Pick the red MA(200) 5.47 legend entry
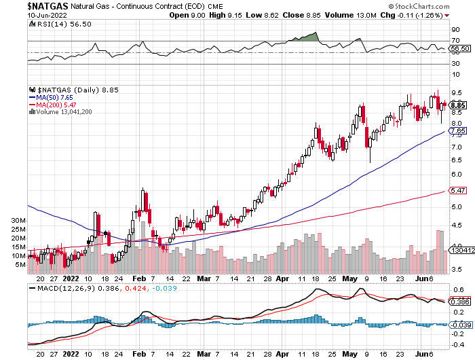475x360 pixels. coord(52,105)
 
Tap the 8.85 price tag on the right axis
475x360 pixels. coord(458,105)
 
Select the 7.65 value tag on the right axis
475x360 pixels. coord(458,130)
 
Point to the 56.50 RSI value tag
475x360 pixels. coord(460,48)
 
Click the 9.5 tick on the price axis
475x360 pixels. coord(455,92)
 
